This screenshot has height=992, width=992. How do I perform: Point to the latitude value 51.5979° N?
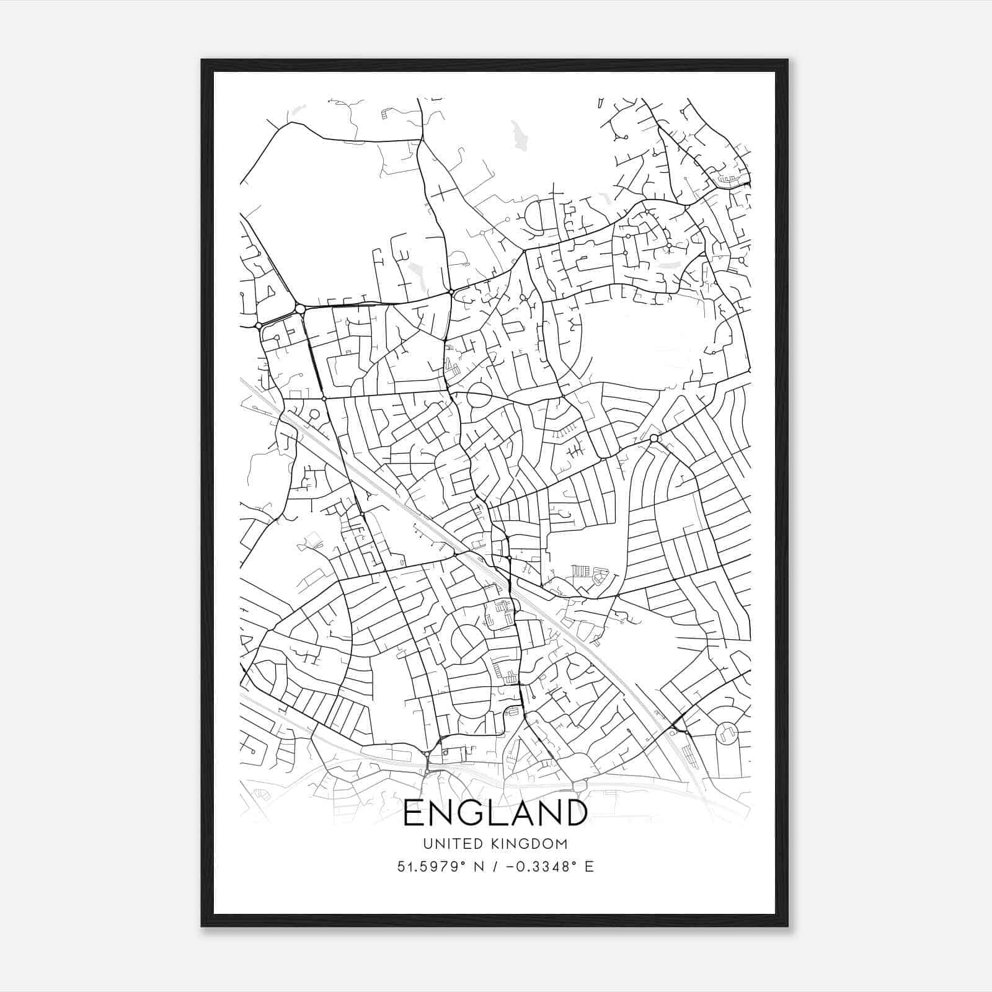(441, 867)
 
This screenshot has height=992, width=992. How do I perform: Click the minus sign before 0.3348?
(511, 867)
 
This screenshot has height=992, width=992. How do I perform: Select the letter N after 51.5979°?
(479, 867)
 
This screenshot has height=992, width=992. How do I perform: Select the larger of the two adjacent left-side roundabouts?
(300, 308)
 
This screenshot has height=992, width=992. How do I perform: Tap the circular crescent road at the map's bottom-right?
(726, 733)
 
